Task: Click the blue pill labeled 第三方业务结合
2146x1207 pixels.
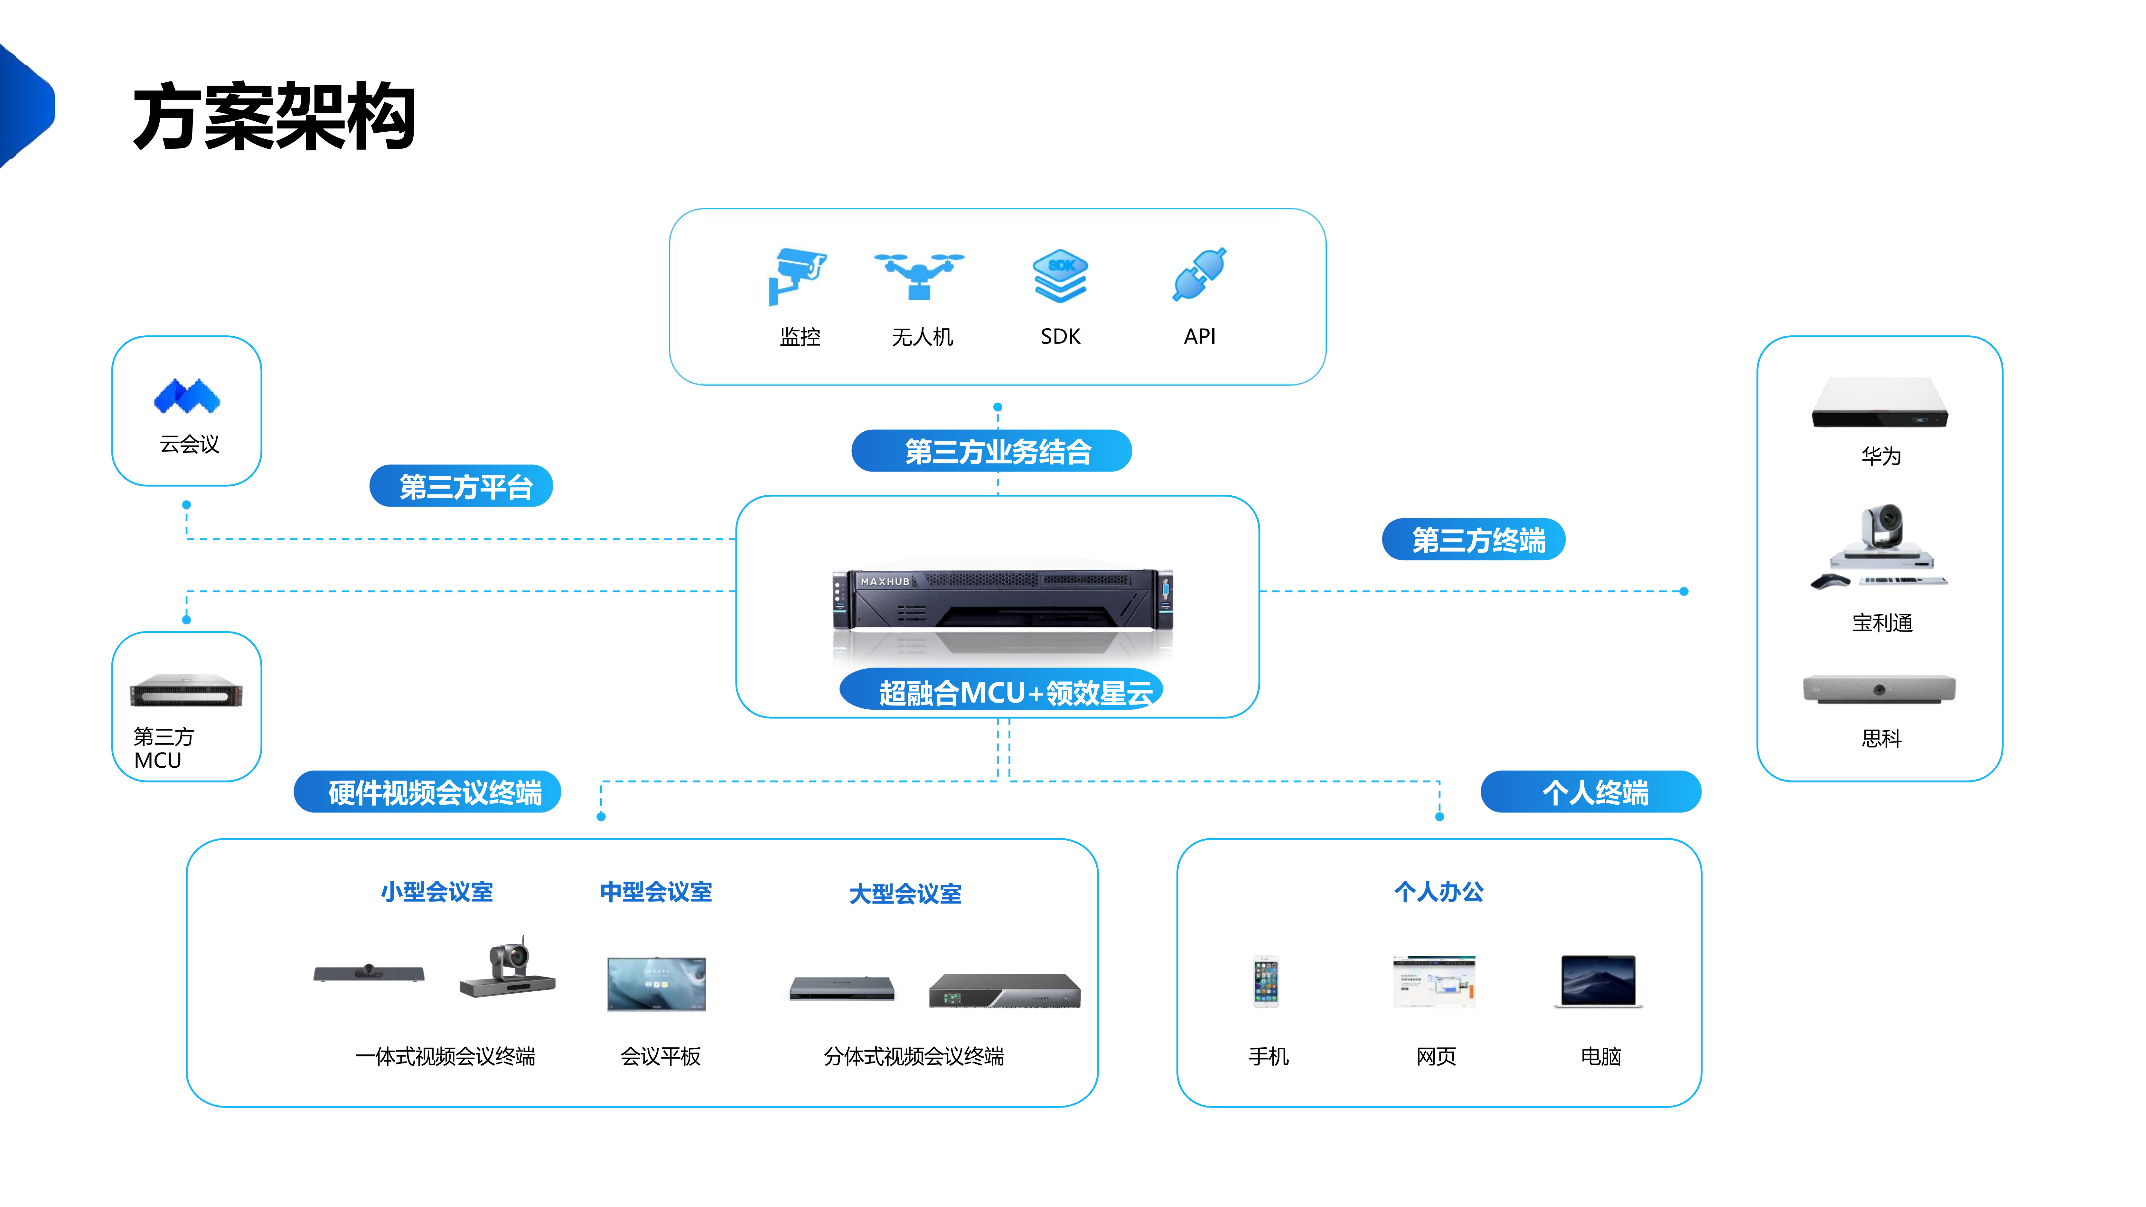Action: point(991,451)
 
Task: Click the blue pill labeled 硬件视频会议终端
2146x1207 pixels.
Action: point(427,791)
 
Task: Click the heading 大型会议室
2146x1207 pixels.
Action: point(905,894)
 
